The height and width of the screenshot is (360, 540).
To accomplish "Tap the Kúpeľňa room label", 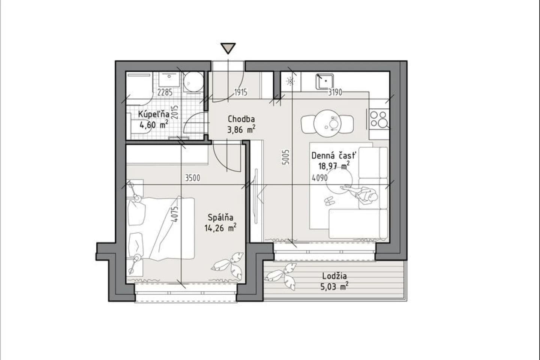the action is point(153,114).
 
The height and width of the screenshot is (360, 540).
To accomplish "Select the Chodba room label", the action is point(241,119).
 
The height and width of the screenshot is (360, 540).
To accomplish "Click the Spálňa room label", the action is point(220,217).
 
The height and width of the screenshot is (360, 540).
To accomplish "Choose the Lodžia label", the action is point(334,276).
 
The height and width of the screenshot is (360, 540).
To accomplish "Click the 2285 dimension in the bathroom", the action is point(165,92).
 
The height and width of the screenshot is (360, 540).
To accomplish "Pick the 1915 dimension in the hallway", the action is point(241,92).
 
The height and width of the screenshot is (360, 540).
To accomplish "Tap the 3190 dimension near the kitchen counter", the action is point(335,92).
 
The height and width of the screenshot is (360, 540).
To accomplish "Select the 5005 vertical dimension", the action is point(286,157).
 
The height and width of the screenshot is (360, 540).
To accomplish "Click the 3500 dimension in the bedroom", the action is point(193,178).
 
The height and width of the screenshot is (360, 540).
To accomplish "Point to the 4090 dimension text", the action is point(319,178).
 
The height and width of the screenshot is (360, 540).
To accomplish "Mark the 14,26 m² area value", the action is point(220,228).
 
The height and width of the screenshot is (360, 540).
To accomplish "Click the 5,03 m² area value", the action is point(334,286).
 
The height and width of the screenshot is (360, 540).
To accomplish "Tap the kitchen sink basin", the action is point(325,81).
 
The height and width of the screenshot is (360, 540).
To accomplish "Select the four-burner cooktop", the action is point(379,119).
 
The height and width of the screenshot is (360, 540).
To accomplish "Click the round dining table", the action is point(327,123).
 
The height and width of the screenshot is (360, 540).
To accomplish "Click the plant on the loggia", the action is point(280,276).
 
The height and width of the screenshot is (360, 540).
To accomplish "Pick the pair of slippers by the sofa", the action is point(329,201).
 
